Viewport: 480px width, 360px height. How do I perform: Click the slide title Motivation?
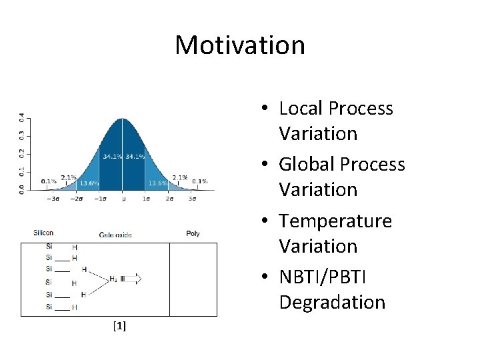(x=240, y=45)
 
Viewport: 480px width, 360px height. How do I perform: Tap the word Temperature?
(x=335, y=221)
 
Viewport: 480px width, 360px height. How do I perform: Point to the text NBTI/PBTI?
(x=323, y=277)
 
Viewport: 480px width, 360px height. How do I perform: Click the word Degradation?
(x=332, y=302)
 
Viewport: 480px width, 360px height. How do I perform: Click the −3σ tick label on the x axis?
(x=55, y=198)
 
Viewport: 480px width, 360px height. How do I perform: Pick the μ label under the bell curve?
(x=123, y=198)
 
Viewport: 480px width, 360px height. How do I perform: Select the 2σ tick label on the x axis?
(x=169, y=198)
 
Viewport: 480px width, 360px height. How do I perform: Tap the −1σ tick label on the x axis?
(x=100, y=198)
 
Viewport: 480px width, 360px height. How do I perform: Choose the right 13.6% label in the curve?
(x=158, y=183)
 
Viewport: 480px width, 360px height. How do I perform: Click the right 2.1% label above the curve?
(x=179, y=177)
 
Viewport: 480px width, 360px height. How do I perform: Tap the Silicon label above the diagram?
(x=43, y=233)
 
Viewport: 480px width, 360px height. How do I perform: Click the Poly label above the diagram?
(x=193, y=233)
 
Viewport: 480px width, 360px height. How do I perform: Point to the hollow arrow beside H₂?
(x=133, y=279)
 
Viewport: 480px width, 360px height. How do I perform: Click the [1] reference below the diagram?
(x=120, y=326)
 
